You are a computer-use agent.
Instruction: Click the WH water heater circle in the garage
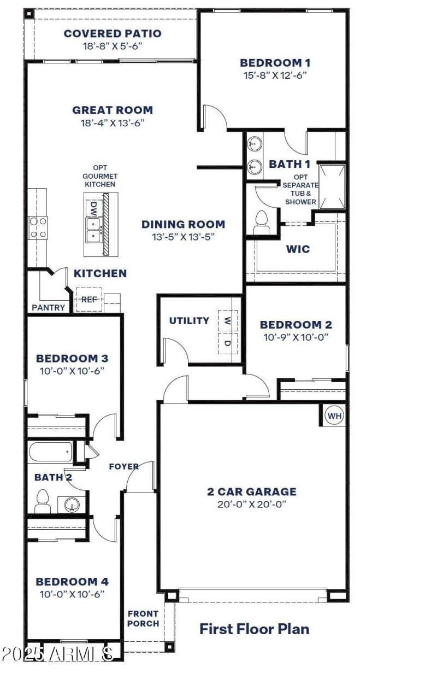tap(334, 416)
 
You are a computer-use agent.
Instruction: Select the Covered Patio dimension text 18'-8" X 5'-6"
tap(113, 46)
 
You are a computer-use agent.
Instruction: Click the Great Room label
tap(113, 110)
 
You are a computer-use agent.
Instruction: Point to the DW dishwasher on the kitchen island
tap(93, 208)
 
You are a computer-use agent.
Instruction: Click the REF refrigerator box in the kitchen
tap(88, 300)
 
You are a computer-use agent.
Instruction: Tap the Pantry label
tap(48, 308)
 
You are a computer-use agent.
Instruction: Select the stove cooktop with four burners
tap(38, 227)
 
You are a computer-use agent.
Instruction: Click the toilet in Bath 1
tap(261, 222)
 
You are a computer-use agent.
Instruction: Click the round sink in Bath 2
tap(72, 505)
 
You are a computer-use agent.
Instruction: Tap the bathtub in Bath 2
tap(50, 452)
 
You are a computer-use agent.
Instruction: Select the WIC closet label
tap(298, 249)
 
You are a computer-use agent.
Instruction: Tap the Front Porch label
tap(143, 618)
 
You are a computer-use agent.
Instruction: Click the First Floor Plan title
tap(254, 629)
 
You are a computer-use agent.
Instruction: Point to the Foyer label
tap(123, 466)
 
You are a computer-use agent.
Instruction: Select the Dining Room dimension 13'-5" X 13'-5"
tap(183, 237)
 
